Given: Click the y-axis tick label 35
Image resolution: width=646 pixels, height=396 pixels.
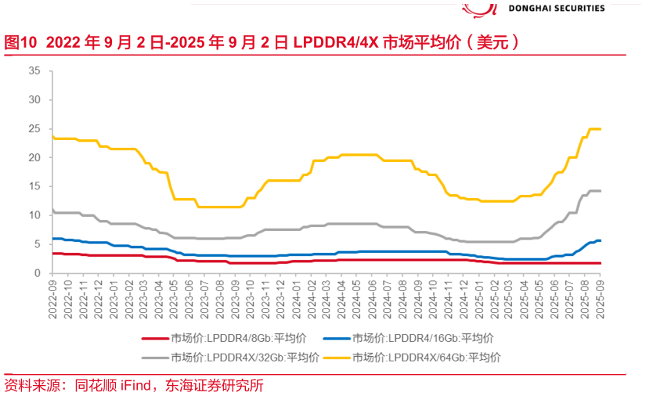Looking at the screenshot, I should point(34,70).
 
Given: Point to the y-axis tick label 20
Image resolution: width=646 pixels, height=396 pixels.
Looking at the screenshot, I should point(34,157).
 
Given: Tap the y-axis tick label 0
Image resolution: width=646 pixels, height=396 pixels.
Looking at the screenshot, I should point(37,273).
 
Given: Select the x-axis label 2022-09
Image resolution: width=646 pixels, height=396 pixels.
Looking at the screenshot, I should point(52,296).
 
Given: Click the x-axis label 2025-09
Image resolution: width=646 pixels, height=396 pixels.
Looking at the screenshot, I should point(601,296).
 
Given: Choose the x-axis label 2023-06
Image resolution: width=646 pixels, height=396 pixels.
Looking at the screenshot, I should point(190,296).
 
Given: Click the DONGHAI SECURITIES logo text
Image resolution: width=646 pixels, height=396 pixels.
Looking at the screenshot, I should point(557,8).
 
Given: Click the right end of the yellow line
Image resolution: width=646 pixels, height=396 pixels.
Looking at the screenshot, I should point(601,129).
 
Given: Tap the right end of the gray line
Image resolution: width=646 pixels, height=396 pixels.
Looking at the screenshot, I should point(601,191).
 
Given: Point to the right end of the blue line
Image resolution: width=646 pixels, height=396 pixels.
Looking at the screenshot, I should point(601,240).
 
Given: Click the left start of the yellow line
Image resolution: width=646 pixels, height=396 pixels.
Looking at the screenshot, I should point(52,136).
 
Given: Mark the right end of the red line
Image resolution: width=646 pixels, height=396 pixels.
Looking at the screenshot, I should point(601,263).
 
